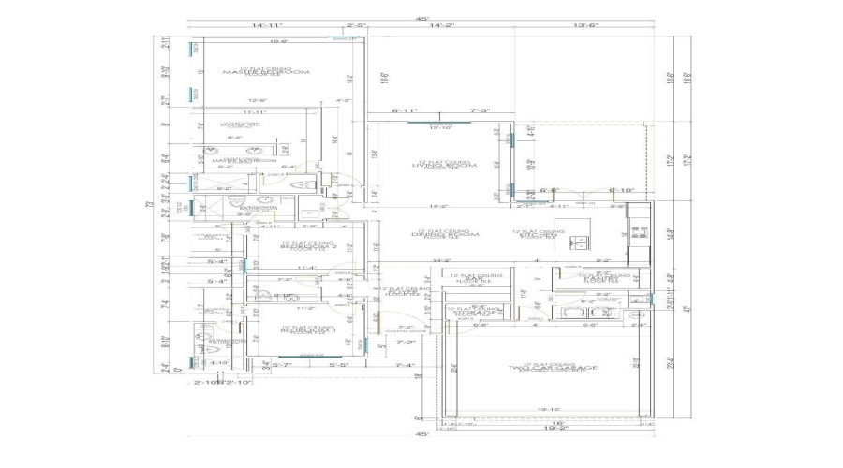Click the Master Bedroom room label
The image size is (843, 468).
[257, 71]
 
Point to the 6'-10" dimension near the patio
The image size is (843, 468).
[622, 191]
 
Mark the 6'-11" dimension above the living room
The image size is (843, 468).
[403, 111]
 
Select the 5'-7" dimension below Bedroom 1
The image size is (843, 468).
[282, 365]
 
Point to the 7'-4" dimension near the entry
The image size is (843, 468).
[405, 365]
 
